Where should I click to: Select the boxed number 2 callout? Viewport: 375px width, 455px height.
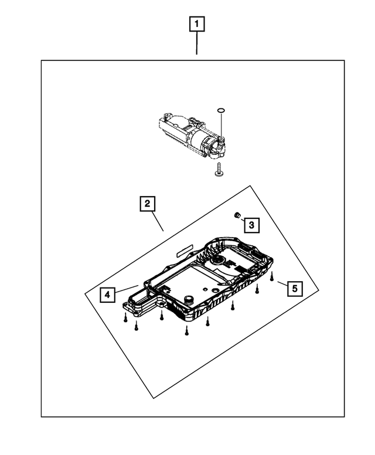[147, 204]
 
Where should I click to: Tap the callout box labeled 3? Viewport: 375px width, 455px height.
[250, 224]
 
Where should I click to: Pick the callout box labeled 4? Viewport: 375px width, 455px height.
[107, 295]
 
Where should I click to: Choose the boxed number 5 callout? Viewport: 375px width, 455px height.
[295, 288]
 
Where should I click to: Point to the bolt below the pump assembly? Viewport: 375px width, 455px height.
[219, 170]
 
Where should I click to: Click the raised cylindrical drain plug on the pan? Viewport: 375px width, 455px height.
[189, 301]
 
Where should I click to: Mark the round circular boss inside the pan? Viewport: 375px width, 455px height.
[219, 261]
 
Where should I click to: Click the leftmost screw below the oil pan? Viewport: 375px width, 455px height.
[125, 318]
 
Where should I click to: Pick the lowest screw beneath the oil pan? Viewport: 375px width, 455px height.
[186, 332]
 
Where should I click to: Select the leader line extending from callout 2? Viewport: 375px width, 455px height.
[155, 221]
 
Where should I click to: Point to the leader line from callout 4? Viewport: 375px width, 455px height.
[126, 290]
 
